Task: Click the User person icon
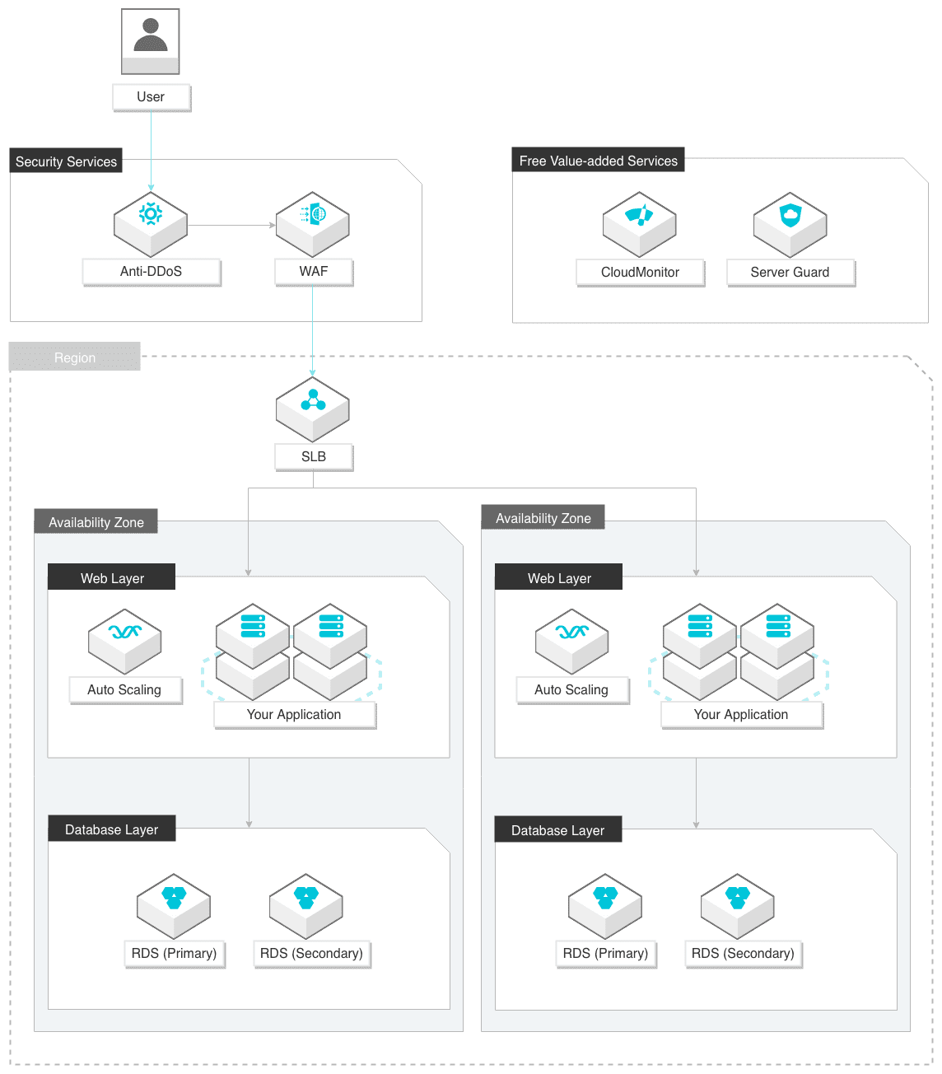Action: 150,41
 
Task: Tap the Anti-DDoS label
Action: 151,272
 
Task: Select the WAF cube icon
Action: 312,224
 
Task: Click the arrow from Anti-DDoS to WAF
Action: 231,226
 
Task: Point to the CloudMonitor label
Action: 640,273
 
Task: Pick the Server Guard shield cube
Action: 790,225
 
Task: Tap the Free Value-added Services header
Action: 598,160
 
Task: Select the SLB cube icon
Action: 312,409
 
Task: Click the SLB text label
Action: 313,457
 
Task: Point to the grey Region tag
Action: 75,357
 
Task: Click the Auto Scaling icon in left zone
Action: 124,642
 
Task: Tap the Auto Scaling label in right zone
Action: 572,690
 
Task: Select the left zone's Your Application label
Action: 294,715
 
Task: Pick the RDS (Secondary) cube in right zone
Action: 738,907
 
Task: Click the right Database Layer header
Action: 557,830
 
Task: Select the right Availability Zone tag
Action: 543,517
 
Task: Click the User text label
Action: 151,97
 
